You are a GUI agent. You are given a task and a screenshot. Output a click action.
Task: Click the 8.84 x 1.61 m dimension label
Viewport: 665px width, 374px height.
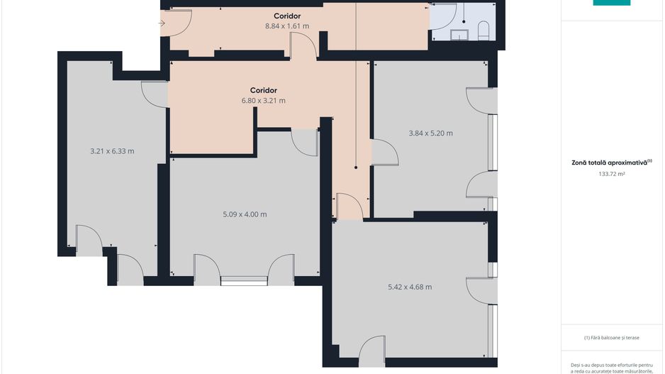point(287,26)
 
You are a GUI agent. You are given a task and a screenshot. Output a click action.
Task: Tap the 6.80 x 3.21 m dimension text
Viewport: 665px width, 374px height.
point(263,101)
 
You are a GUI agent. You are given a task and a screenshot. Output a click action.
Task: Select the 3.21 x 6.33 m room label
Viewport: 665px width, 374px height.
point(113,151)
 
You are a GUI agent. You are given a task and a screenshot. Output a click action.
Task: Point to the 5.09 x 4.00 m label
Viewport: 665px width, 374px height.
point(245,214)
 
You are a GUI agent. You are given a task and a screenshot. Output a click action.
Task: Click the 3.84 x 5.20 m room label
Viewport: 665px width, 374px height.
point(430,133)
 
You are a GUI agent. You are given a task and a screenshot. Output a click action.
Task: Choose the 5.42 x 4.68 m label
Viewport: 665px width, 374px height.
point(410,287)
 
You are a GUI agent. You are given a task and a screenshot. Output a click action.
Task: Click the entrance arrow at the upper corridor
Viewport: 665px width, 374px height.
point(162,23)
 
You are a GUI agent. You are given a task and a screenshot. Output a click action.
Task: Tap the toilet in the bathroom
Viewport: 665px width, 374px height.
point(484,31)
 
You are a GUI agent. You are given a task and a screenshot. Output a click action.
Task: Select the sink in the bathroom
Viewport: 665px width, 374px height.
point(459,35)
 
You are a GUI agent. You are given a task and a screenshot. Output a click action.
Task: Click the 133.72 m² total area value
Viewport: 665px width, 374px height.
point(611,174)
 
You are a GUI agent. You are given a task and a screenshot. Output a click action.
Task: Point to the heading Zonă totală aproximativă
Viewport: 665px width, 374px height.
point(612,163)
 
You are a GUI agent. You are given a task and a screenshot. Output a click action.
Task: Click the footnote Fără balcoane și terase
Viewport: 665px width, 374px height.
point(612,338)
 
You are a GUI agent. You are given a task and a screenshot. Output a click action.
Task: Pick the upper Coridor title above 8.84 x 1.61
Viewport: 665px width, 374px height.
point(287,16)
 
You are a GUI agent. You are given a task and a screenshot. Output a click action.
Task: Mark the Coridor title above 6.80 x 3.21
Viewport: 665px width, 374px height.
point(263,90)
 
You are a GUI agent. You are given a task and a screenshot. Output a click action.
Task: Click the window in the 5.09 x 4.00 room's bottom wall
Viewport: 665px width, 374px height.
point(245,280)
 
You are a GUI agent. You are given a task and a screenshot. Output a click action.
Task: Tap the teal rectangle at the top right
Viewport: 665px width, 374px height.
point(612,3)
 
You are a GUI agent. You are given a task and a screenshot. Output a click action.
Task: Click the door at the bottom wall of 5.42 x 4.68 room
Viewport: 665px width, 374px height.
point(372,351)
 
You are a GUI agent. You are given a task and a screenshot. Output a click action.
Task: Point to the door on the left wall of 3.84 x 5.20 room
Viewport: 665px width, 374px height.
point(385,152)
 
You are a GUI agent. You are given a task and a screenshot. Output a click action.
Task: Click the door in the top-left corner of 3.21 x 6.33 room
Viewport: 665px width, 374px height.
point(155,94)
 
